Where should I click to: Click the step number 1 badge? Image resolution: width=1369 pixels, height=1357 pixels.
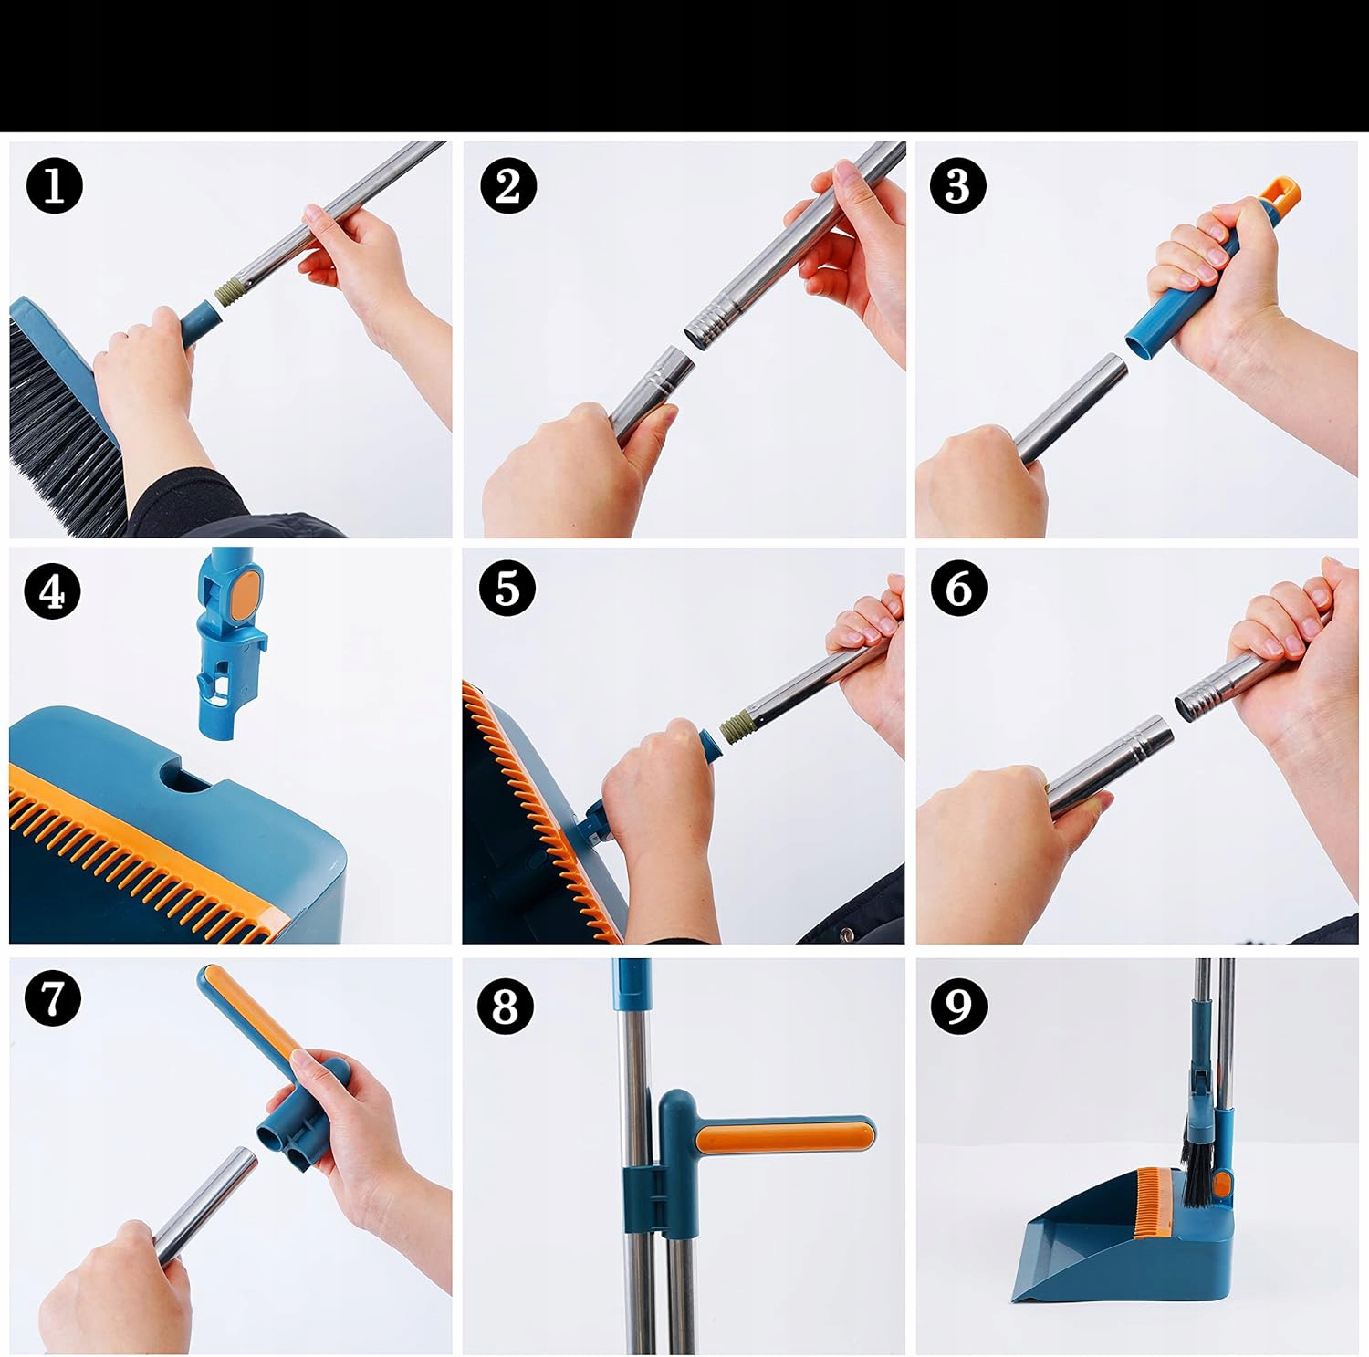55,186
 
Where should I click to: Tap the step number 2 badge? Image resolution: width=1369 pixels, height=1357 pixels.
508,186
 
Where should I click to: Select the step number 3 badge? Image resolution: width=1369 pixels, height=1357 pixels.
957,186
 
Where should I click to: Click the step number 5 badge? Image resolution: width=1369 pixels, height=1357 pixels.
507,589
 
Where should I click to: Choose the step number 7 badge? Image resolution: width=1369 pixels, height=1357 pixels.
53,997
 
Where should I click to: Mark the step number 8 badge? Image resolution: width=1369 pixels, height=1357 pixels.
506,1007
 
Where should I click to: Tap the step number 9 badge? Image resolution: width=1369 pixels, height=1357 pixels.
958,1007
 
